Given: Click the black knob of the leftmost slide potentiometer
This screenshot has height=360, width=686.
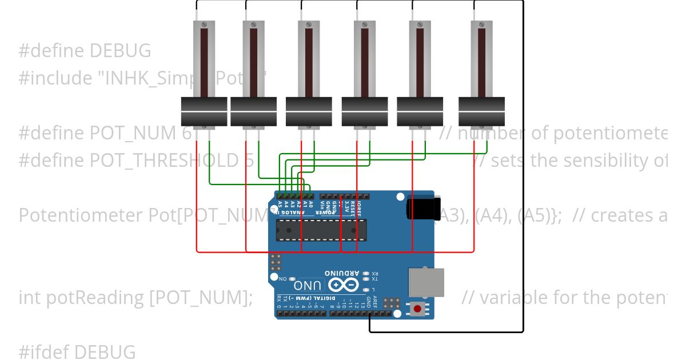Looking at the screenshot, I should click(x=204, y=111).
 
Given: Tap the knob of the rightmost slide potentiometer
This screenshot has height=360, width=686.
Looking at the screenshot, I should click(x=482, y=111).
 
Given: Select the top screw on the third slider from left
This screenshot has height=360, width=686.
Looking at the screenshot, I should click(x=309, y=25).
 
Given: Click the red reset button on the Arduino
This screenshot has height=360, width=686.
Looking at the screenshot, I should click(x=418, y=309).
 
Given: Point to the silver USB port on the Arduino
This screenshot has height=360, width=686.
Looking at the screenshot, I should click(x=426, y=283).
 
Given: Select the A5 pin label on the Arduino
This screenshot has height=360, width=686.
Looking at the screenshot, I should click(x=280, y=205).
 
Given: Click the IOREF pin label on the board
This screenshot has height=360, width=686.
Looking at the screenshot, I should click(x=360, y=206).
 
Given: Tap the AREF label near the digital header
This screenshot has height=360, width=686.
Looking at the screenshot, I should click(x=375, y=302).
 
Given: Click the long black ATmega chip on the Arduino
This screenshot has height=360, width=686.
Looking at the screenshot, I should click(x=321, y=230).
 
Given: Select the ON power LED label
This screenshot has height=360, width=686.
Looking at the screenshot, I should click(x=282, y=278).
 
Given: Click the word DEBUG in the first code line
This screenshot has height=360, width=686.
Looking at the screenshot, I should click(x=119, y=51).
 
